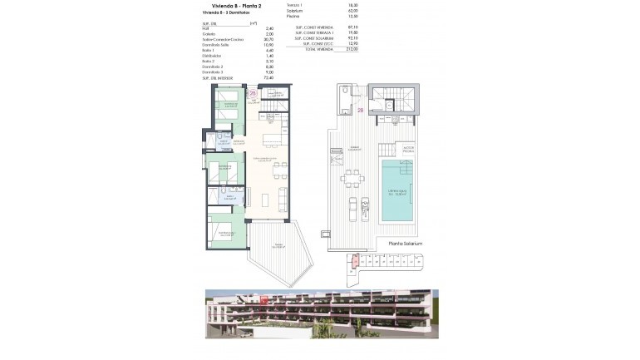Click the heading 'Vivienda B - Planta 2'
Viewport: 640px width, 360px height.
228,6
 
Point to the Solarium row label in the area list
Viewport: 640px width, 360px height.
293,10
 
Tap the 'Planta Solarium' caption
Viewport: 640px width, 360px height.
405,244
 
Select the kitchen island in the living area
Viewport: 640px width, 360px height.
273,139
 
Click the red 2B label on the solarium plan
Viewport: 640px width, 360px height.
361,110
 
